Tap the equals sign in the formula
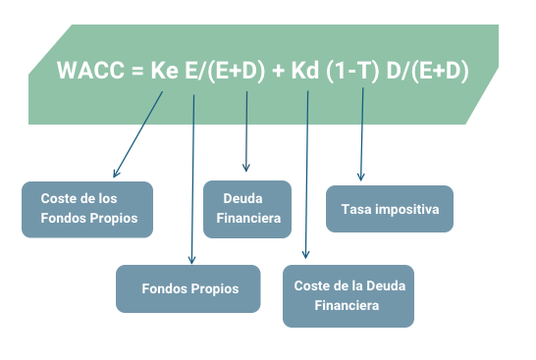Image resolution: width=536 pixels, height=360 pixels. pyautogui.click(x=135, y=71)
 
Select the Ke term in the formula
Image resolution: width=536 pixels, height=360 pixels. pyautogui.click(x=165, y=71)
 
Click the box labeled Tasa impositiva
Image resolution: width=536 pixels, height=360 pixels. pyautogui.click(x=389, y=209)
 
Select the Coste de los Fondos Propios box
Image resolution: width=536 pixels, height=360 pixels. pyautogui.click(x=87, y=209)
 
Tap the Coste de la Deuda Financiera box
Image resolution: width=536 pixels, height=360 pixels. pyautogui.click(x=348, y=295)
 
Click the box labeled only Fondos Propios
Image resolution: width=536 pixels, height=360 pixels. pyautogui.click(x=188, y=288)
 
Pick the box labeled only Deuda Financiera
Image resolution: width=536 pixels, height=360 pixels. pyautogui.click(x=246, y=209)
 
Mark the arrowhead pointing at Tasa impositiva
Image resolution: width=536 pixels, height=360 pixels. pyautogui.click(x=361, y=177)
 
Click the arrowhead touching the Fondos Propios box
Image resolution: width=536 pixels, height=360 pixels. pyautogui.click(x=191, y=260)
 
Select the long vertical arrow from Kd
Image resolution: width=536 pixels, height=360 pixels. pyautogui.click(x=307, y=177)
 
